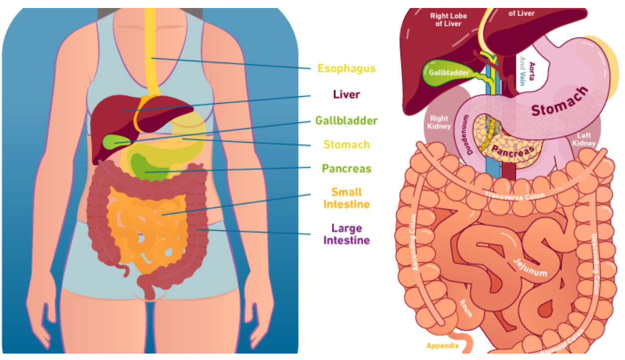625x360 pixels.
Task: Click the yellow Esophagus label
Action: (x=346, y=68)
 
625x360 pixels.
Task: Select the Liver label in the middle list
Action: (x=346, y=94)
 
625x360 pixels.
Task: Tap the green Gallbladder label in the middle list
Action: (x=346, y=121)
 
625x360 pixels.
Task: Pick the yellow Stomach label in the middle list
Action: (x=346, y=145)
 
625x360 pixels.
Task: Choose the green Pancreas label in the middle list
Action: (x=346, y=169)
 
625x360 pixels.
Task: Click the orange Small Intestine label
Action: (x=346, y=198)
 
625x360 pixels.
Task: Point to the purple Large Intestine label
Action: (x=346, y=234)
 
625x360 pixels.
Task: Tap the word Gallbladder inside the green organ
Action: (x=449, y=73)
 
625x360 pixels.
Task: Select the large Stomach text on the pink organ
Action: (x=559, y=102)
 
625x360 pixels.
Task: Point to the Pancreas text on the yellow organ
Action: (x=513, y=149)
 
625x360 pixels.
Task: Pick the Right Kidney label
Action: (x=439, y=123)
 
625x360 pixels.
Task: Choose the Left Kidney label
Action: (x=584, y=140)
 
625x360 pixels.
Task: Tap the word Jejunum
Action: (x=529, y=267)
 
